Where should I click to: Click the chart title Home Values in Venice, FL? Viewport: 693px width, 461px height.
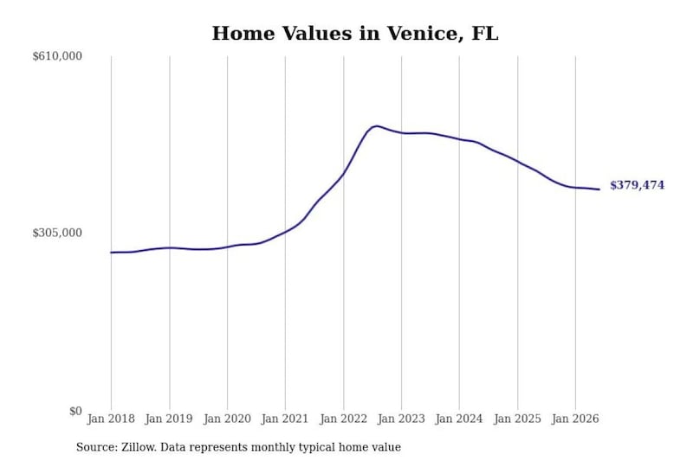point(355,34)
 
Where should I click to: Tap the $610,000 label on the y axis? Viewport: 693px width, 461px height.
point(57,56)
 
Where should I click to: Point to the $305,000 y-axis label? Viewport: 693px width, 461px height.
point(57,233)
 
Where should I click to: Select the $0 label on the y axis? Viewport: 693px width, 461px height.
point(75,411)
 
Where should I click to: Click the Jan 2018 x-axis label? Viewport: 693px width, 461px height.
point(111,419)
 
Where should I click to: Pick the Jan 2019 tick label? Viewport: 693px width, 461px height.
point(169,419)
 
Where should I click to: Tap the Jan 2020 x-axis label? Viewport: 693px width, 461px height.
point(227,419)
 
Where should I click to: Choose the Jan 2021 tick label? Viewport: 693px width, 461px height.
point(285,419)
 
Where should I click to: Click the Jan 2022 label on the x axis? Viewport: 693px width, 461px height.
point(343,419)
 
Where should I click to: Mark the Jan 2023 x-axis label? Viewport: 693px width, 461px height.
point(401,419)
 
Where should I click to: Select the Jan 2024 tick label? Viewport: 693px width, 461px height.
point(459,419)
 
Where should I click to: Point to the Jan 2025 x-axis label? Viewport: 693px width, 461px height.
point(517,419)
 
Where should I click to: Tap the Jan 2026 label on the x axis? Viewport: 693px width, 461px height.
point(575,419)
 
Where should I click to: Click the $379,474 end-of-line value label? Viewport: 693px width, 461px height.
point(637,185)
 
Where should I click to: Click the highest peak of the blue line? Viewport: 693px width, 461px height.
point(376,126)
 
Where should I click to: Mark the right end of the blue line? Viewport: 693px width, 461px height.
point(599,189)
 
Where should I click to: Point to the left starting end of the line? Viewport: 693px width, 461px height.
point(111,253)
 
